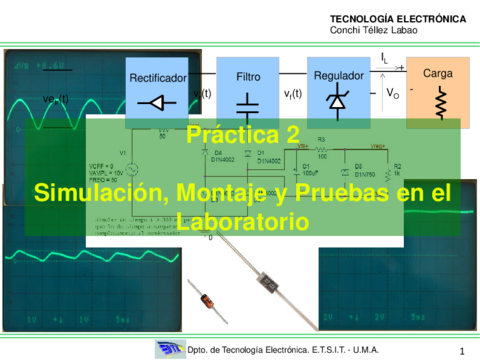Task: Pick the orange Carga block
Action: coord(437,91)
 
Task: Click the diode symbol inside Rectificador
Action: coord(156,101)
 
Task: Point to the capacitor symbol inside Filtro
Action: coord(248,103)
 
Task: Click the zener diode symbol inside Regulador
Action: coord(337,103)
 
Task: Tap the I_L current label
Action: coord(385,58)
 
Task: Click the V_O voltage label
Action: coord(393,93)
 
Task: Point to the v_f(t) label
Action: coord(293,94)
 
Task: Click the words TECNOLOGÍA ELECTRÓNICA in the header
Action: coord(397,18)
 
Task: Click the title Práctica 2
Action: coord(243,135)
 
